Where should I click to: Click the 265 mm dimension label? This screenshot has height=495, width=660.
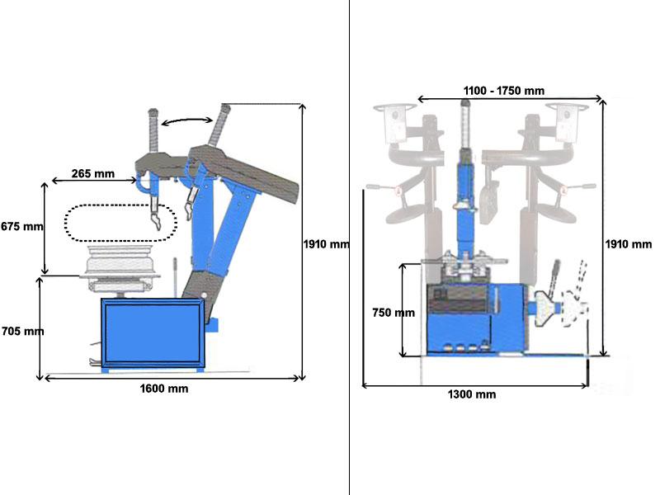tap(93, 174)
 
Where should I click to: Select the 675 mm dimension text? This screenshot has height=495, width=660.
tap(21, 226)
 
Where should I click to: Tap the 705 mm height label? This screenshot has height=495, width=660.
tap(21, 332)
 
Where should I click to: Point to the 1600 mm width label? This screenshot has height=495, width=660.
tap(164, 389)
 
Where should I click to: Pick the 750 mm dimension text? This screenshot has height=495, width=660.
tap(393, 313)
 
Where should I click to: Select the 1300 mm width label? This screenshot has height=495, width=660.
tap(472, 394)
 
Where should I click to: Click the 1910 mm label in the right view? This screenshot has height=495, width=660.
tap(629, 244)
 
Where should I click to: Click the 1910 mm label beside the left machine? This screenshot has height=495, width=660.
tap(327, 244)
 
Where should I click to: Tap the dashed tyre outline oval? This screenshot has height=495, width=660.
tap(121, 223)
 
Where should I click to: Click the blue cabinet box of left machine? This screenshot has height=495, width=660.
tap(152, 333)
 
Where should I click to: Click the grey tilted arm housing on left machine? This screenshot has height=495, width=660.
tap(243, 169)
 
